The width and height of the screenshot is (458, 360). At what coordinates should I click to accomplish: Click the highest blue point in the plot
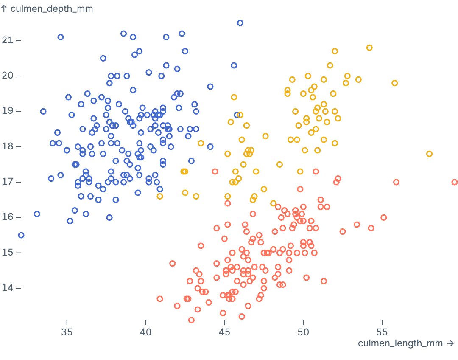(240, 23)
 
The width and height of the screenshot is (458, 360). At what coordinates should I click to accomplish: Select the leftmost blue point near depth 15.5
(21, 235)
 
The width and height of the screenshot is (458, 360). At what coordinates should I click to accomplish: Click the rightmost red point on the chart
(455, 182)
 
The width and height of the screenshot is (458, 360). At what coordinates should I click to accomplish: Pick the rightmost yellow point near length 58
(429, 154)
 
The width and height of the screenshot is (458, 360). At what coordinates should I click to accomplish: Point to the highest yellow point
(369, 48)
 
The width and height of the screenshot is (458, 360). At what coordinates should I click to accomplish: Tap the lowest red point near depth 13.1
(191, 320)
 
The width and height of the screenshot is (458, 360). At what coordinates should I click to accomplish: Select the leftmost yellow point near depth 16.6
(160, 196)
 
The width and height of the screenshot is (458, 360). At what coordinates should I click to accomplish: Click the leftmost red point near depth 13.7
(160, 299)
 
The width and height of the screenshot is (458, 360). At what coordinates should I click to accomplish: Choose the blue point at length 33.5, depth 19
(43, 111)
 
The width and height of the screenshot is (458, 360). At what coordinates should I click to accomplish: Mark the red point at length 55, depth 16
(384, 217)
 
